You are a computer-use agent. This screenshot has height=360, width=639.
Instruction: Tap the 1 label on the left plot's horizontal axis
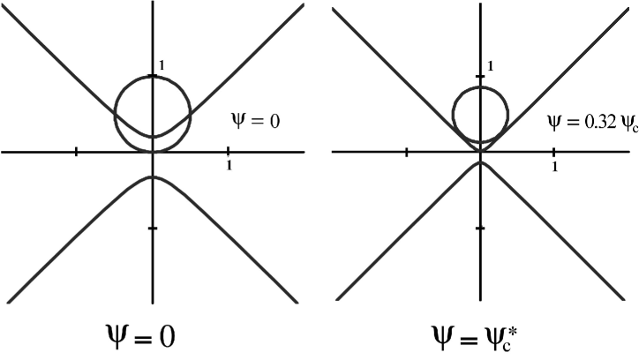point(230,165)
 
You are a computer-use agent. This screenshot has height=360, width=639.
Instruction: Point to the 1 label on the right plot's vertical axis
point(489,67)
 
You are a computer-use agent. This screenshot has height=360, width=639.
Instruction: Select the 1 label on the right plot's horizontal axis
point(555,165)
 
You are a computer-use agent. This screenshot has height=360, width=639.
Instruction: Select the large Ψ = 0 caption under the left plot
point(154,334)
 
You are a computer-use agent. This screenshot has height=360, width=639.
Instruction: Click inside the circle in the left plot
point(153,106)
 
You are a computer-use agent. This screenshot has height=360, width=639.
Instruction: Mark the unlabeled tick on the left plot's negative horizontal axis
point(78,152)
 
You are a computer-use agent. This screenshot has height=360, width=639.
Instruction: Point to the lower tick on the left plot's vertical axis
point(153,228)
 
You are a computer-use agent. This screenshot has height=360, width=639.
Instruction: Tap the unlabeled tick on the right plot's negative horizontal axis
point(405,152)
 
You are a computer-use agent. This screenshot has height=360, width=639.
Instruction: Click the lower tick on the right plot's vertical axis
point(480,228)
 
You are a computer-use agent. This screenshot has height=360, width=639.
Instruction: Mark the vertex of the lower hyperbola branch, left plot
point(153,176)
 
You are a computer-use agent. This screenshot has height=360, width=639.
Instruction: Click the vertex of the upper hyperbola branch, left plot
point(153,137)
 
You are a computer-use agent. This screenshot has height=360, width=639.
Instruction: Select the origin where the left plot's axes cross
point(153,152)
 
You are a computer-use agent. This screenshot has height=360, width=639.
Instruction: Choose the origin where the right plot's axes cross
point(480,152)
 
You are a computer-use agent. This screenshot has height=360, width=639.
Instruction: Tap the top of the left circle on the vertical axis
point(153,76)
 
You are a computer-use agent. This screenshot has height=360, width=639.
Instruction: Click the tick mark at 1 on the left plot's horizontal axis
point(229,152)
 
